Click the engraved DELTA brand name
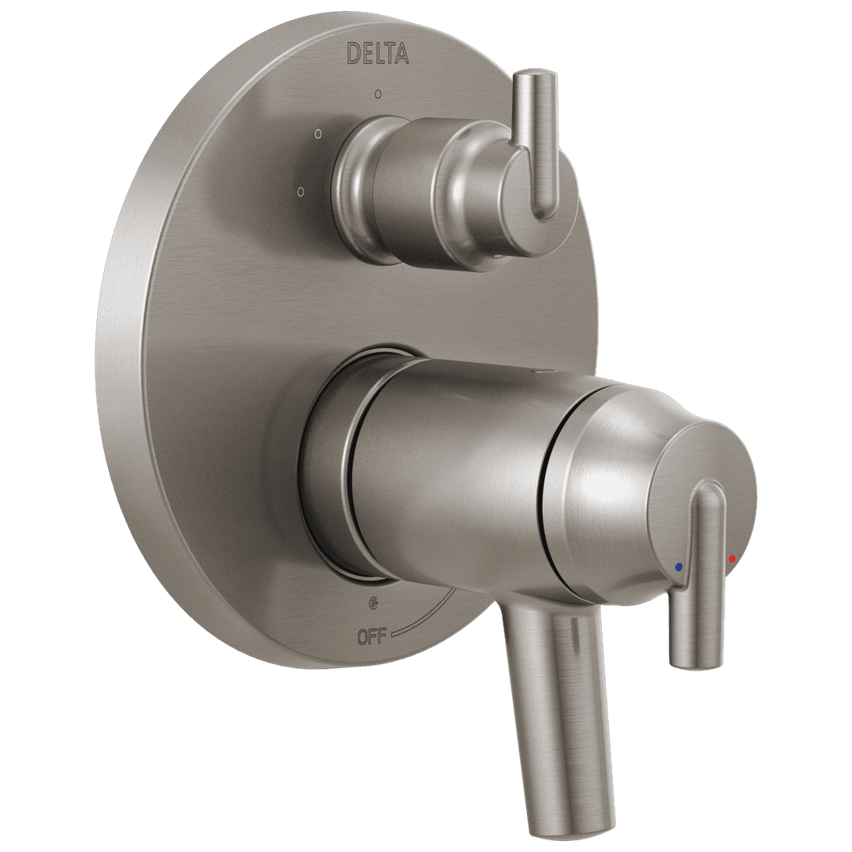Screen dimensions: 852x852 point(378,53)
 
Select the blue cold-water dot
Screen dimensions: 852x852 point(679,566)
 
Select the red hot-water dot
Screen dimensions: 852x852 point(732,559)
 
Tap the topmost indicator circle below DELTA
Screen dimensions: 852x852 point(379,94)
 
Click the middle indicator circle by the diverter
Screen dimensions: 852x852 point(318,133)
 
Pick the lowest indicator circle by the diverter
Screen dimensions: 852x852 point(301,191)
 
